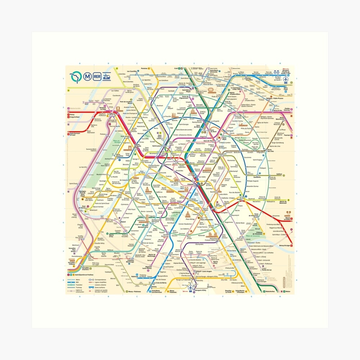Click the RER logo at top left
[97, 76]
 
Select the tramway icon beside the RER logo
[106, 76]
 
